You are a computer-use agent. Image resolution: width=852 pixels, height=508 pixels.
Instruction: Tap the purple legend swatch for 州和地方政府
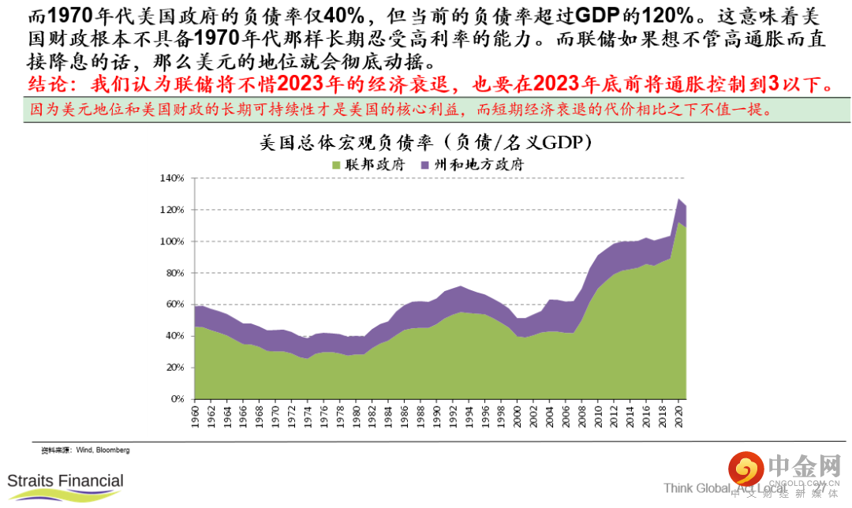[x=424, y=165]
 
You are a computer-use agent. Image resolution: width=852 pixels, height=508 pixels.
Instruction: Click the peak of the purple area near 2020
[x=679, y=199]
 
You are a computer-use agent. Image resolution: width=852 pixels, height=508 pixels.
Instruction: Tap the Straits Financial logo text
[x=65, y=480]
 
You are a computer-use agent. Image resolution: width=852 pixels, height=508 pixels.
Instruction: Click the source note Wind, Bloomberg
[x=103, y=450]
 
